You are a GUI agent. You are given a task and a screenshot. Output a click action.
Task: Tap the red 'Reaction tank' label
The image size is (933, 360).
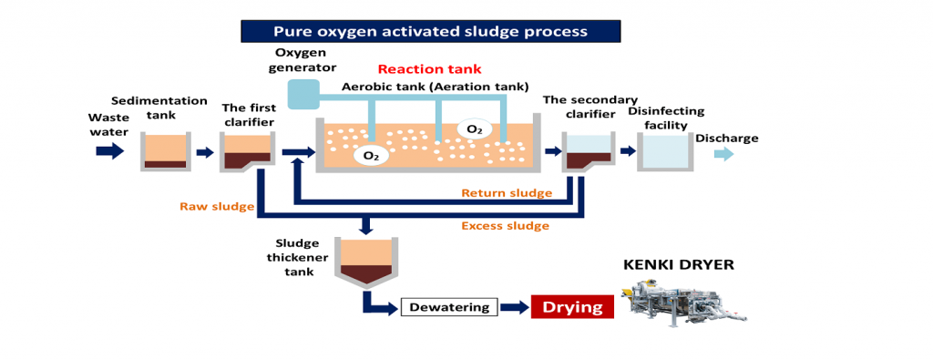tap(429, 69)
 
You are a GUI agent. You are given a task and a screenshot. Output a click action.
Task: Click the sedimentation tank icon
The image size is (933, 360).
tap(167, 151)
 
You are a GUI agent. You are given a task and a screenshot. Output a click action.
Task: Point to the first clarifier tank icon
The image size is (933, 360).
tap(247, 151)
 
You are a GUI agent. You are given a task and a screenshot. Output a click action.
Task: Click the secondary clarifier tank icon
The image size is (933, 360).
tap(588, 151)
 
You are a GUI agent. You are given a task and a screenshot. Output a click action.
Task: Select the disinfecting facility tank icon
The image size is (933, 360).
tap(663, 151)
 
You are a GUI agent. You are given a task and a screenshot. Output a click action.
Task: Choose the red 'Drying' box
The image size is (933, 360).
tap(572, 307)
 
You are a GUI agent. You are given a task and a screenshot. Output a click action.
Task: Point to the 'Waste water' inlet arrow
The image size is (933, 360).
tap(108, 151)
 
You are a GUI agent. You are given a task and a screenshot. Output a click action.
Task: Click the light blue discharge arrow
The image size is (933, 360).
tap(722, 154)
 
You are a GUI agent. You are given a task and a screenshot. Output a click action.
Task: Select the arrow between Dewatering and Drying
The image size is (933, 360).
tap(513, 307)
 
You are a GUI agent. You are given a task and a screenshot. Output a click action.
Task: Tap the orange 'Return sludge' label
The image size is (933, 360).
tap(507, 193)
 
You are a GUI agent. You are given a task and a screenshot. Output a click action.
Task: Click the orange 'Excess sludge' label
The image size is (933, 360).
tap(505, 225)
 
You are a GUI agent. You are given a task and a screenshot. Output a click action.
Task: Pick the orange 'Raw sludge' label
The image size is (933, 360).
tap(215, 207)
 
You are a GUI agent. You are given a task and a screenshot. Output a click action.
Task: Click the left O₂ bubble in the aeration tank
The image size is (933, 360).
tap(371, 156)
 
